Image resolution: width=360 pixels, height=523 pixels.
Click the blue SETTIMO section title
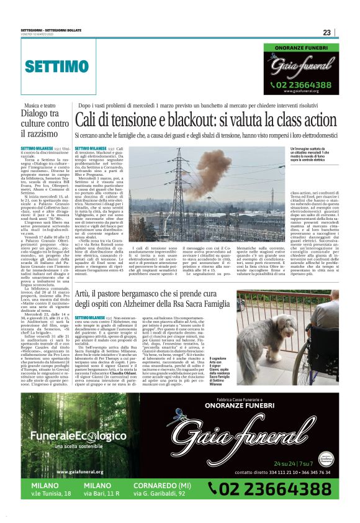pyautogui.click(x=57, y=66)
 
